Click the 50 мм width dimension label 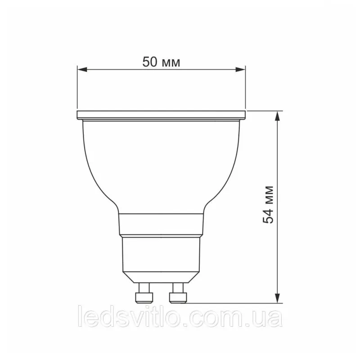[161, 62]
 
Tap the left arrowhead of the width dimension [82, 69]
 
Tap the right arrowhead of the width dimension [241, 69]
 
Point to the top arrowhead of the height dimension [278, 116]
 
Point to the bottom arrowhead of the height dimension [278, 298]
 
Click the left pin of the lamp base [144, 293]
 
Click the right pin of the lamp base [178, 293]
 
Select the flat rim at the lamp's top [162, 115]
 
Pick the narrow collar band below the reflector [161, 225]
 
